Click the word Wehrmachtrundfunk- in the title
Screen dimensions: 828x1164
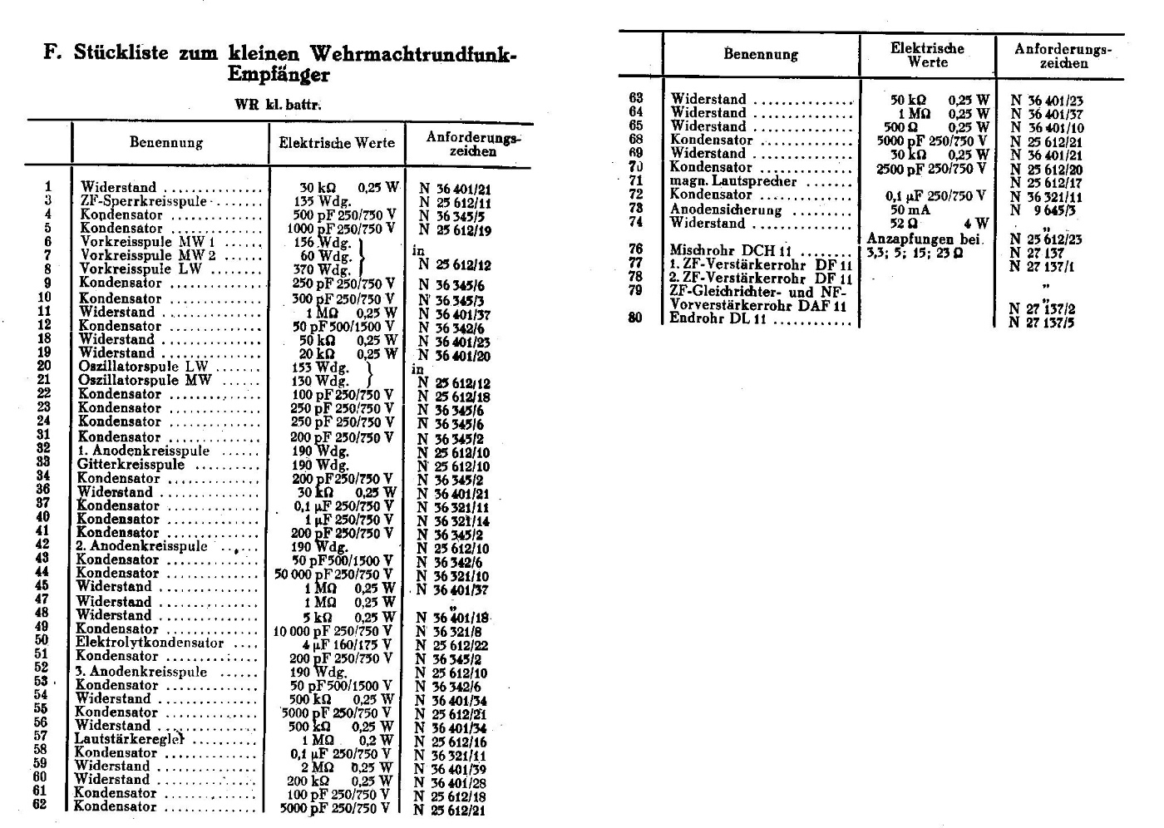point(413,54)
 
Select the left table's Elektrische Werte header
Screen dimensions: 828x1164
point(337,143)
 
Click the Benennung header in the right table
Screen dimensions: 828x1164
point(760,55)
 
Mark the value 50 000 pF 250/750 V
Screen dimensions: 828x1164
point(333,574)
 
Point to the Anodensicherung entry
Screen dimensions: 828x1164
point(725,209)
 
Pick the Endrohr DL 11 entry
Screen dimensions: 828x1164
point(718,318)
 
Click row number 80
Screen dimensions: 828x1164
point(636,317)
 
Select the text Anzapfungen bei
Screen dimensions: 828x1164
point(925,239)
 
